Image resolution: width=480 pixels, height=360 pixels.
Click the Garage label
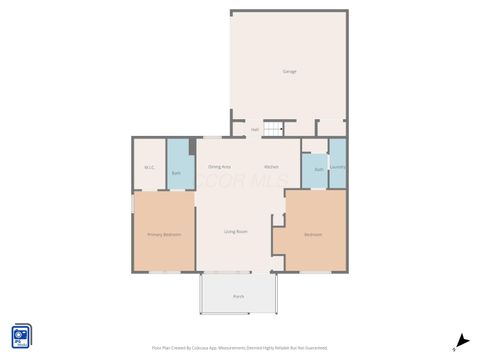[x=289, y=71]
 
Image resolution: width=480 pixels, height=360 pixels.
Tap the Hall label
[x=255, y=130]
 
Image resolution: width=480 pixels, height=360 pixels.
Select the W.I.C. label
[x=149, y=167]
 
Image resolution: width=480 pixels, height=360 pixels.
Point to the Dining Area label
[x=219, y=166]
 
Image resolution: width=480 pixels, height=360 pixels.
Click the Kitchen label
[x=271, y=166]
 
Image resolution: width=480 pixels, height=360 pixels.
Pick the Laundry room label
[x=338, y=167]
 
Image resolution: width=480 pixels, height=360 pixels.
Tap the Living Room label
[x=236, y=232]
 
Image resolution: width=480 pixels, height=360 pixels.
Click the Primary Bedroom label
[x=164, y=234]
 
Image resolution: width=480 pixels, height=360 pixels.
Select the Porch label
[x=239, y=297]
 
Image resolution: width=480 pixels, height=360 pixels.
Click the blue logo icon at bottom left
[x=21, y=337]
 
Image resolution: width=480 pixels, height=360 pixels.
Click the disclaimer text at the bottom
[x=239, y=347]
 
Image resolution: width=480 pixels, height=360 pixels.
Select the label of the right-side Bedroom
[x=313, y=234]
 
